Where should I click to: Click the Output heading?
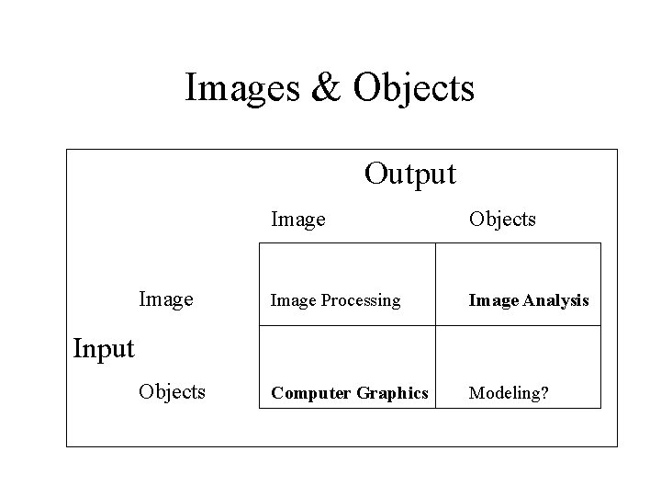pos(409,173)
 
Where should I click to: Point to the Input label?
pos(103,349)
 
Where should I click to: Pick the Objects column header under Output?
pos(502,220)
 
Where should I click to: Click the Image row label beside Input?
pos(165,299)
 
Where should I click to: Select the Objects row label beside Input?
pos(172,391)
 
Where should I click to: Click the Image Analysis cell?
pos(529,300)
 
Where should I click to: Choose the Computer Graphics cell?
pos(349,393)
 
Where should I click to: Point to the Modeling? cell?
pos(509,393)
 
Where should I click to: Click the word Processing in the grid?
pos(358,300)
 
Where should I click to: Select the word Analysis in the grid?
pos(557,300)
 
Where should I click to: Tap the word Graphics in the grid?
pos(390,393)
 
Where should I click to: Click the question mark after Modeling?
pos(545,393)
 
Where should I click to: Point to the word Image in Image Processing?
pos(288,300)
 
